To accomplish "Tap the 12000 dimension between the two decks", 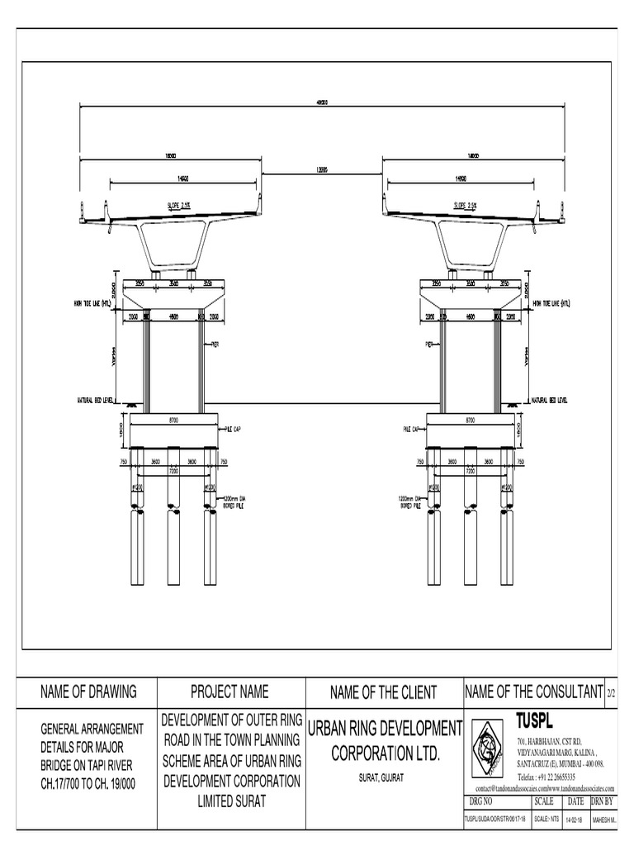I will tap(321, 169).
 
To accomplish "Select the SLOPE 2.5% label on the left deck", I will tap(179, 207).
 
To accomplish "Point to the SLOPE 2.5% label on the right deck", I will tap(466, 207).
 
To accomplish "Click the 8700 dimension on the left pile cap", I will tap(174, 421).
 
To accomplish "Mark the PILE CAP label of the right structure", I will tap(412, 429).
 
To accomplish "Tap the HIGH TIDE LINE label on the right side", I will tap(551, 303).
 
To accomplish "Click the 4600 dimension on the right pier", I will tap(470, 316).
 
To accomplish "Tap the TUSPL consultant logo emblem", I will tap(488, 749).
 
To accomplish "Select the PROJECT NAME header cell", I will tap(229, 692).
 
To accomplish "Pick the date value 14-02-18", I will tap(575, 819).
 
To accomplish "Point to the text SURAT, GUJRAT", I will tap(381, 779).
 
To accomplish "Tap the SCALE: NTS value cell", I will tap(544, 819).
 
